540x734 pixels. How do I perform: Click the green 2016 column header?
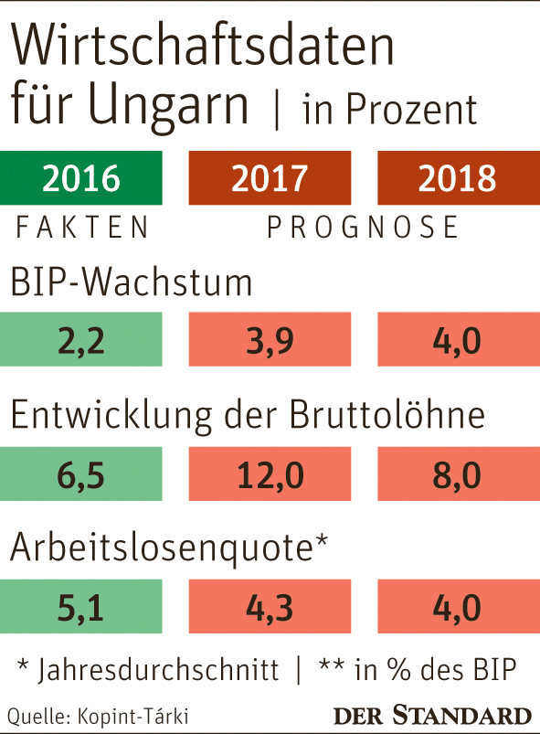[x=81, y=177]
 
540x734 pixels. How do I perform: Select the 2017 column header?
[x=269, y=177]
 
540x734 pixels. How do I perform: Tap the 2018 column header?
[x=456, y=177]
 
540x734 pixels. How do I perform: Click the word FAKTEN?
[x=81, y=227]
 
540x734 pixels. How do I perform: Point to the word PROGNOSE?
[x=363, y=227]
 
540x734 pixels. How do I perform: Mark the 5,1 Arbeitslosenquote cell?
[x=81, y=606]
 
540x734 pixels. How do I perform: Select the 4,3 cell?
[x=269, y=606]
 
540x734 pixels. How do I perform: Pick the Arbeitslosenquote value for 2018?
[x=456, y=606]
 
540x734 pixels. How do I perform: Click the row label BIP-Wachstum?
[x=131, y=282]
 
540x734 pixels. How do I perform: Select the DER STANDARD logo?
[x=432, y=715]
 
